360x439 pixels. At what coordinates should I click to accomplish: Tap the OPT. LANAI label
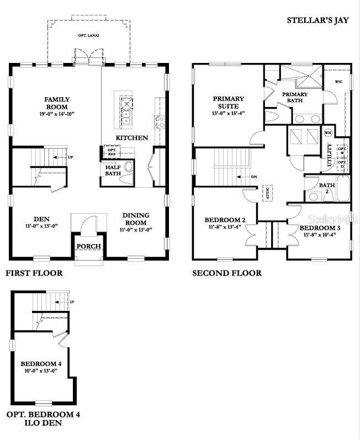tap(88, 35)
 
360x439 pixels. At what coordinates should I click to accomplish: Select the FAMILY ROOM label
tap(56, 103)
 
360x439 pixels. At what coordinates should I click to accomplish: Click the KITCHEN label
tap(131, 137)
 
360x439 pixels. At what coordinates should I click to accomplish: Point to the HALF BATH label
tap(113, 170)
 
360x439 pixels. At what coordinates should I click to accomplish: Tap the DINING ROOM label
tap(135, 219)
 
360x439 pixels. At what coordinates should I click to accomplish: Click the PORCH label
tap(88, 246)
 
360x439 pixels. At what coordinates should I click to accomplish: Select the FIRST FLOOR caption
tap(34, 273)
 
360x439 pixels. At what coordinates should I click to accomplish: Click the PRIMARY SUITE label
tap(229, 103)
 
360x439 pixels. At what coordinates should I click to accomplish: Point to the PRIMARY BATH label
tap(295, 97)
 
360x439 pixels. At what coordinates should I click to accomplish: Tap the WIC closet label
tap(338, 82)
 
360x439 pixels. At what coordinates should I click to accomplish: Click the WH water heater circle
tap(327, 133)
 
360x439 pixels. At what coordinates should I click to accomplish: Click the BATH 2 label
tap(327, 188)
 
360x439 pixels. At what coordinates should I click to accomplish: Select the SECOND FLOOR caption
tap(226, 273)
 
